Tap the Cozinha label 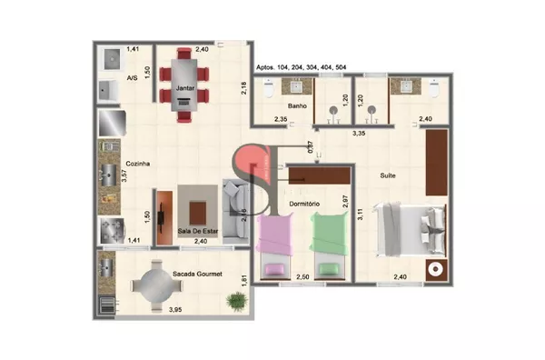[x=137, y=164]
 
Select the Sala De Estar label [x=197, y=232]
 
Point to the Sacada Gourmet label [x=198, y=272]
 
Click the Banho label [x=298, y=106]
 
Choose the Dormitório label [x=302, y=204]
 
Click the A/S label [x=133, y=78]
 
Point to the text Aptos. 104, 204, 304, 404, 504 [x=301, y=67]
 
